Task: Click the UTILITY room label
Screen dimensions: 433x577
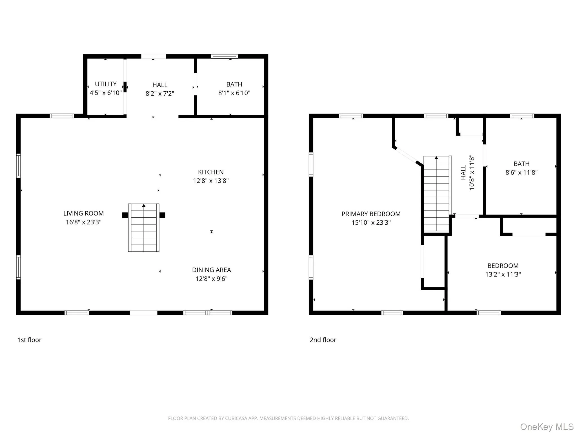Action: coord(106,84)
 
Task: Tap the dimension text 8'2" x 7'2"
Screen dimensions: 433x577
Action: coord(160,94)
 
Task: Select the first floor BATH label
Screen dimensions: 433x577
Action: coord(234,84)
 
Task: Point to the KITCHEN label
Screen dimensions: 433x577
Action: coord(211,172)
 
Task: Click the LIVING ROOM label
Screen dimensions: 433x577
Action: coord(83,213)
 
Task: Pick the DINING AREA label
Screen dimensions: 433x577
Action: coord(211,270)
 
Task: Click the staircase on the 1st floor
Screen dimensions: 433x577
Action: coord(144,228)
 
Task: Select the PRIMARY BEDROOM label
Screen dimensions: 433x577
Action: coord(371,214)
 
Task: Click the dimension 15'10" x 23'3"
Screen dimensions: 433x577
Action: coord(371,223)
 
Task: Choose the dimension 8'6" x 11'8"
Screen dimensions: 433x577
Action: coord(521,173)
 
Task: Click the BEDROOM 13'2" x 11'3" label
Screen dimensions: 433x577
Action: coord(503,266)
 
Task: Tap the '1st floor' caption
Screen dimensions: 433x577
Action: coord(29,340)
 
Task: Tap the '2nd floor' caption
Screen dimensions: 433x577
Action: coord(323,340)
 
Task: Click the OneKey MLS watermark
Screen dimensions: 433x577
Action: coord(547,427)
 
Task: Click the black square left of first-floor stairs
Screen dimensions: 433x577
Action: coord(125,215)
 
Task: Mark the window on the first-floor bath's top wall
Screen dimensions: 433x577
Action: coord(224,56)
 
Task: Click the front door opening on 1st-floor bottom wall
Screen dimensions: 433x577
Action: coord(143,313)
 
